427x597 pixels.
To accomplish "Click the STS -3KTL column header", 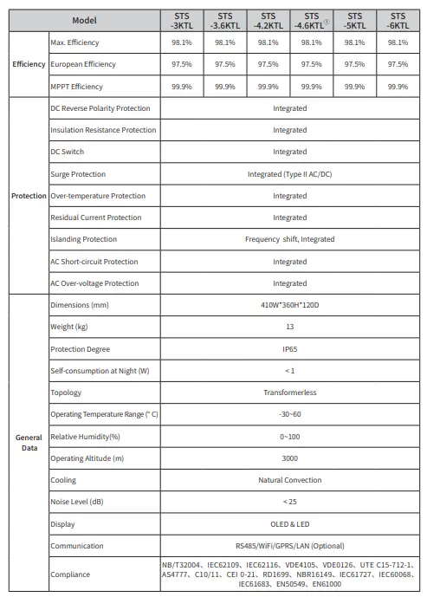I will pyautogui.click(x=182, y=21).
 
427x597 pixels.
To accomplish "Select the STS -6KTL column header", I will pyautogui.click(x=398, y=21).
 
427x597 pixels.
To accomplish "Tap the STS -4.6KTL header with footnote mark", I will pyautogui.click(x=311, y=21).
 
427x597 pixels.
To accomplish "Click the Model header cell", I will pyautogui.click(x=85, y=21).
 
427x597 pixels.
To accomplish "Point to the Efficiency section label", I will pyautogui.click(x=28, y=64).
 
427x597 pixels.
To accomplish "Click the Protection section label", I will pyautogui.click(x=28, y=196).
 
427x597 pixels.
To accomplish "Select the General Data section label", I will pyautogui.click(x=28, y=442).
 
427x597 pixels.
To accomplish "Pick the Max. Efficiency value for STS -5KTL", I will pyautogui.click(x=354, y=42).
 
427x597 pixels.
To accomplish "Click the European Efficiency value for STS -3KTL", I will pyautogui.click(x=182, y=64).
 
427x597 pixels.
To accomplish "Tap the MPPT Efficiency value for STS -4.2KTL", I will pyautogui.click(x=268, y=87).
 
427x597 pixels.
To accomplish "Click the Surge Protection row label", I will pyautogui.click(x=78, y=174).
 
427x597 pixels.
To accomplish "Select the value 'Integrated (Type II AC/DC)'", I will pyautogui.click(x=289, y=174).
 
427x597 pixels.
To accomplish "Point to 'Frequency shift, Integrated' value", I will pyautogui.click(x=289, y=239).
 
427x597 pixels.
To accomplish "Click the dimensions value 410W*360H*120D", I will pyautogui.click(x=289, y=305).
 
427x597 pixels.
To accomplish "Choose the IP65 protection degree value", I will pyautogui.click(x=289, y=348).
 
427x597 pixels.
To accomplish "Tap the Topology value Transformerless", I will pyautogui.click(x=289, y=393).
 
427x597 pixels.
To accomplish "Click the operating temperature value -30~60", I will pyautogui.click(x=289, y=414).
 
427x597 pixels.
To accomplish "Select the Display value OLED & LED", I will pyautogui.click(x=289, y=524).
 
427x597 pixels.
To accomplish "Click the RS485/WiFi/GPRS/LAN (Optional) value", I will pyautogui.click(x=289, y=546).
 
